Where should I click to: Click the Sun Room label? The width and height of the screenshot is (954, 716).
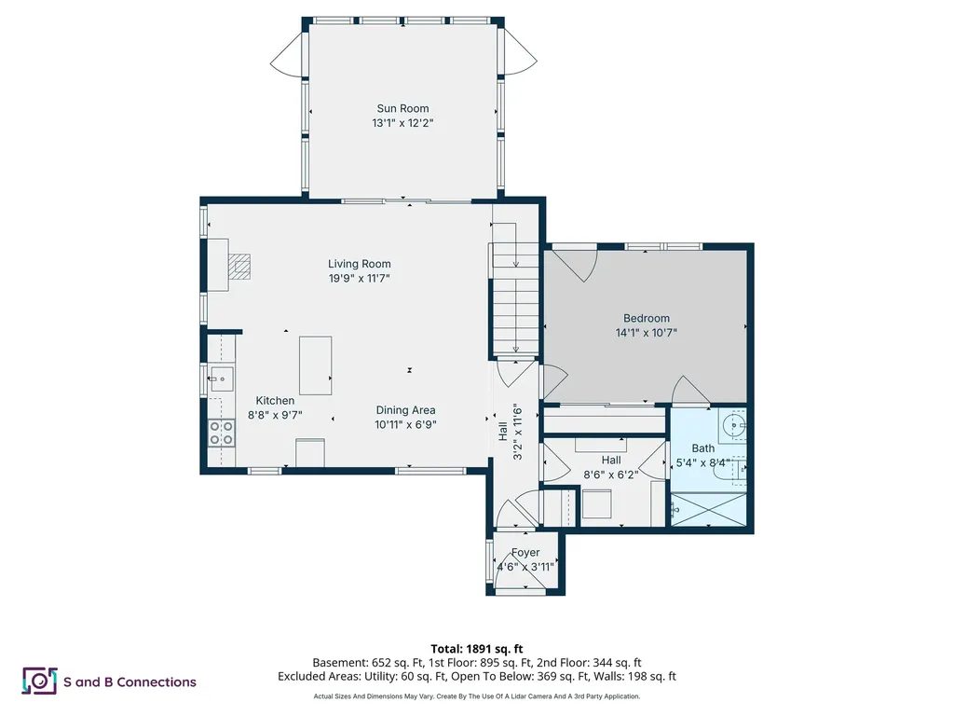coord(402,108)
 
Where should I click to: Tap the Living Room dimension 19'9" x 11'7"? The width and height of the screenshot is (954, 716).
coord(359,278)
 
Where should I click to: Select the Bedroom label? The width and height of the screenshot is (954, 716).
coord(646,318)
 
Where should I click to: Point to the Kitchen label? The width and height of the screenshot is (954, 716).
coord(275,401)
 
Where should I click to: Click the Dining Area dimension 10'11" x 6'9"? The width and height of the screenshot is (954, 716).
coord(405,423)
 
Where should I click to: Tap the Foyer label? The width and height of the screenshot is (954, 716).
coord(525,553)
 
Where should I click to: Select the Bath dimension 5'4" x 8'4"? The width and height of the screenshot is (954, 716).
coord(703,461)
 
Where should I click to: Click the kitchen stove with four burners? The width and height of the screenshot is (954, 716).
coord(222,432)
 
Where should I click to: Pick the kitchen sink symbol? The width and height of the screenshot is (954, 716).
coord(221,379)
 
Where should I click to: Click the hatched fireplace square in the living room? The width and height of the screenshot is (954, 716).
coord(241,268)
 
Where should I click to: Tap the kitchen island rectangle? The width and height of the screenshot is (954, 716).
coord(316,365)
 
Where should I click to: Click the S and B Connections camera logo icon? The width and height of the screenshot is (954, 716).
coord(40,682)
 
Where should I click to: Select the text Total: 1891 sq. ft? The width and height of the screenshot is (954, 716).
coord(476,648)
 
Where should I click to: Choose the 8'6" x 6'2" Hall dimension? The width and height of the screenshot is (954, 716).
coord(610,474)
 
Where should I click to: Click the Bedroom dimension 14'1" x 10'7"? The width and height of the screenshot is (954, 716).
coord(646,332)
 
